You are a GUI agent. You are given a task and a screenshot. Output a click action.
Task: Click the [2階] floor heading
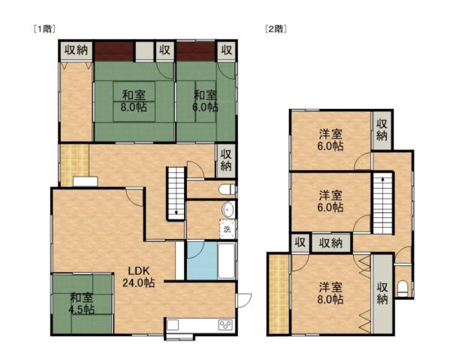tap(275, 29)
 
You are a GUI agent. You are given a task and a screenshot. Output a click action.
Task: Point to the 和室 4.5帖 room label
tap(83, 303)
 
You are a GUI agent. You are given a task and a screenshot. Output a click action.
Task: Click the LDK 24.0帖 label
tap(140, 277)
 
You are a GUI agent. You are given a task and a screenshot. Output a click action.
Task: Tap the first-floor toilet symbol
tap(228, 189)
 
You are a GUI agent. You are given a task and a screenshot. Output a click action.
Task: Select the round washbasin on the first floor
tap(228, 211)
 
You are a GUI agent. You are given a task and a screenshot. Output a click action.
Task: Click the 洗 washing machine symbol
tap(226, 228)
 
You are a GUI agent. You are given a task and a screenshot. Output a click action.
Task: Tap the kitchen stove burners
tap(225, 325)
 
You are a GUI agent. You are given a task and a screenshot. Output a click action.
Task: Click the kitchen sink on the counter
tap(173, 325)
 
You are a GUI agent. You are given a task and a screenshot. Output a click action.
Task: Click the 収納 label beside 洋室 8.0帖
tap(382, 294)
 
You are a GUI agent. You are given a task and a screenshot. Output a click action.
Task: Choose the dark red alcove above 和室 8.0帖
tap(113, 51)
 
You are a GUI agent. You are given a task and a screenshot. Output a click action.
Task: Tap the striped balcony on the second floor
tap(278, 295)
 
